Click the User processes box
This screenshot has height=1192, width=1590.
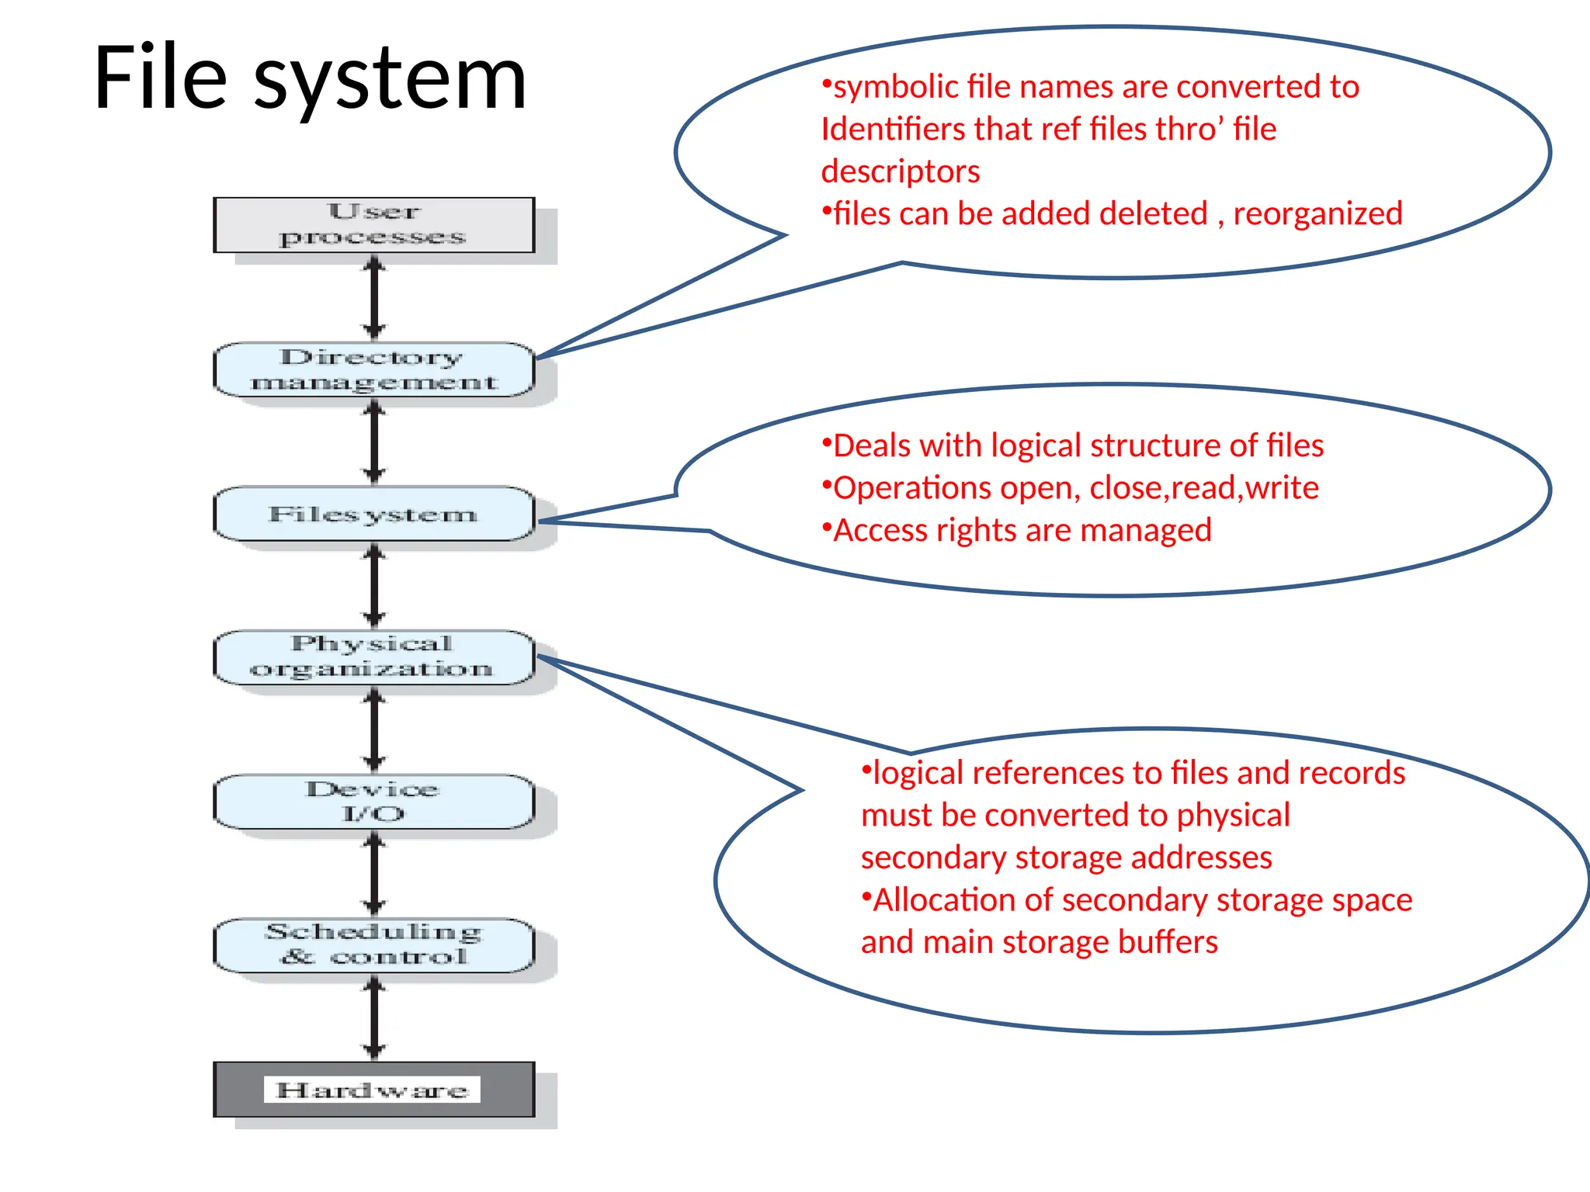point(373,225)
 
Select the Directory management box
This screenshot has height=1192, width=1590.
point(373,369)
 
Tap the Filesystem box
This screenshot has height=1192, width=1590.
point(373,514)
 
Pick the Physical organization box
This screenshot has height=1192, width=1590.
point(373,657)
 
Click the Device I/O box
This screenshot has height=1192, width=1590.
point(373,802)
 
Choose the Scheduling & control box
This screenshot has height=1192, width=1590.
point(373,945)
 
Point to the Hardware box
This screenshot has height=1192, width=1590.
point(373,1090)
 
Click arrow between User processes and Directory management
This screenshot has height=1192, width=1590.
point(374,297)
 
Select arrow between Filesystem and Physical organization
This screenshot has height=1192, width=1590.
point(374,586)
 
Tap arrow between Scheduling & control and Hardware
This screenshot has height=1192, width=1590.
point(374,1017)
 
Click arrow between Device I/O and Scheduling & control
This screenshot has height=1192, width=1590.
point(374,874)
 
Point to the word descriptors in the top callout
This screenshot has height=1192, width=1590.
point(901,172)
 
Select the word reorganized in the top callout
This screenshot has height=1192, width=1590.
point(1317,214)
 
